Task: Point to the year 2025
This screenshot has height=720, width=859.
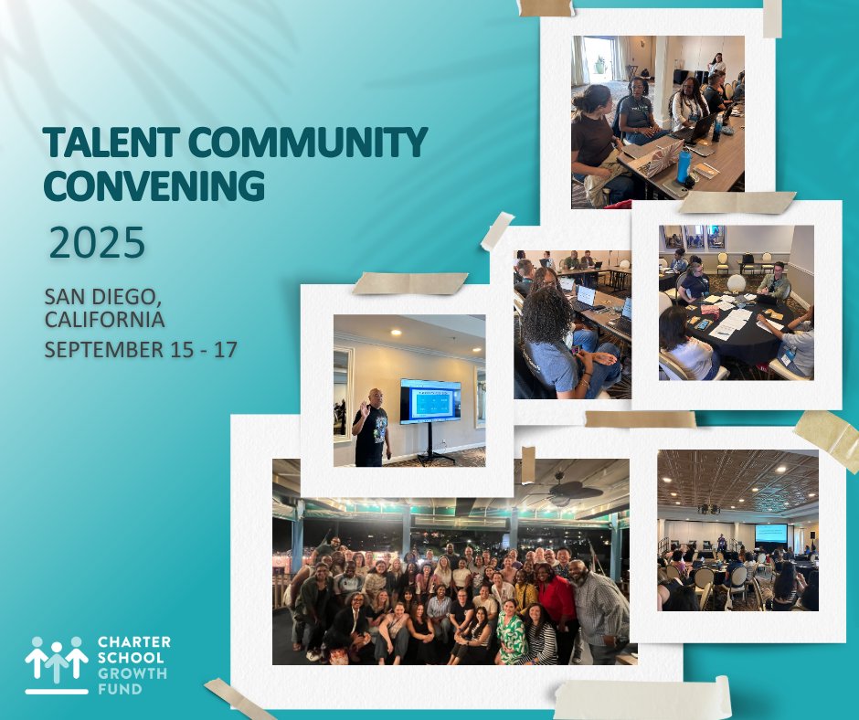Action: (x=97, y=244)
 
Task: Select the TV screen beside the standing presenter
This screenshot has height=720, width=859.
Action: (x=429, y=401)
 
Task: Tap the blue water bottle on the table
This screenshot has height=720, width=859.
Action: (x=684, y=164)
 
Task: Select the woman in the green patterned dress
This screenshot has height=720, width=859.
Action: (x=510, y=630)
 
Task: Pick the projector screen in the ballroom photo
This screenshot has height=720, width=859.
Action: (x=770, y=532)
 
